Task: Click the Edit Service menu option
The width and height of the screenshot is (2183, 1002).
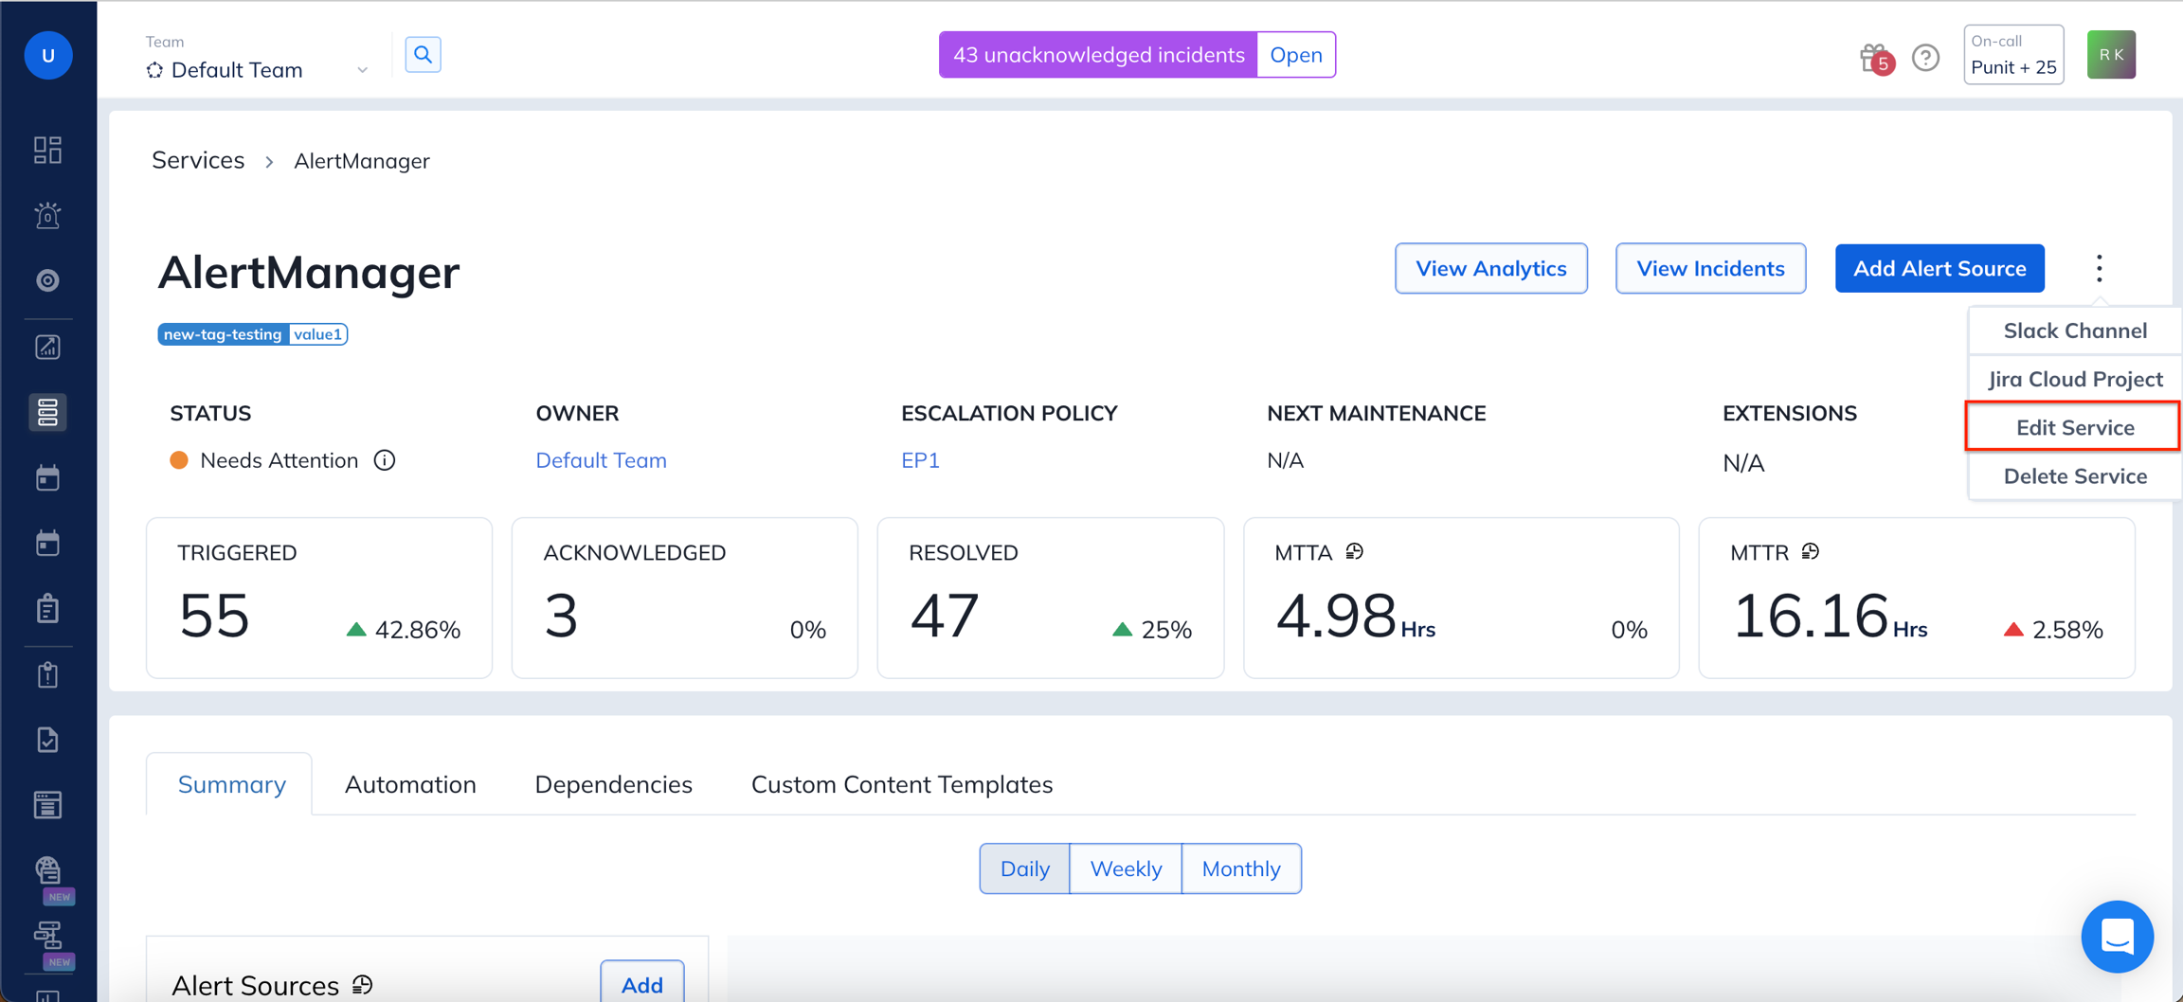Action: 2074,427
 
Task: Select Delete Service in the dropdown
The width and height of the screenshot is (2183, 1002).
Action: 2074,475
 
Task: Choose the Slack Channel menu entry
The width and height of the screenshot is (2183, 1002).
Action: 2074,331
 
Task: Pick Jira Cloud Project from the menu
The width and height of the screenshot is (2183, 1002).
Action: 2074,379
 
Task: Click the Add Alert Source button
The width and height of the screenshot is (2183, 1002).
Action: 1939,268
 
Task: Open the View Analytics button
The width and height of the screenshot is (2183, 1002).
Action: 1491,268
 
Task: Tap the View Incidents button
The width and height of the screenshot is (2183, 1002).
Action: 1710,268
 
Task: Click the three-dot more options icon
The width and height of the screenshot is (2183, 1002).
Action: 2100,268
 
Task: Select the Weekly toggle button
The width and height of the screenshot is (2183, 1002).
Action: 1126,868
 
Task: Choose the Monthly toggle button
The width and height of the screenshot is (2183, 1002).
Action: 1241,868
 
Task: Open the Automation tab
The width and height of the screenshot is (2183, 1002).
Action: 410,784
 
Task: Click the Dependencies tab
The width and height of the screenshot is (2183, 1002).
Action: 613,784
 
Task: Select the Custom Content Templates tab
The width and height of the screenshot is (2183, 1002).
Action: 902,784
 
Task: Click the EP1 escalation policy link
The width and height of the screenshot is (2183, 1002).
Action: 920,460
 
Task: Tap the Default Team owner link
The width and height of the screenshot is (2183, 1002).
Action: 601,460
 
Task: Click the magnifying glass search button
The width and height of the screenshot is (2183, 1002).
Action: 423,55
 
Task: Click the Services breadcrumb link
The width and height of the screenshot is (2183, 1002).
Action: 198,160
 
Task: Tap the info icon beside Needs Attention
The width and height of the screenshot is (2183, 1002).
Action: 384,460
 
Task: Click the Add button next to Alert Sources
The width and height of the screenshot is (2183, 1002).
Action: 641,984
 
